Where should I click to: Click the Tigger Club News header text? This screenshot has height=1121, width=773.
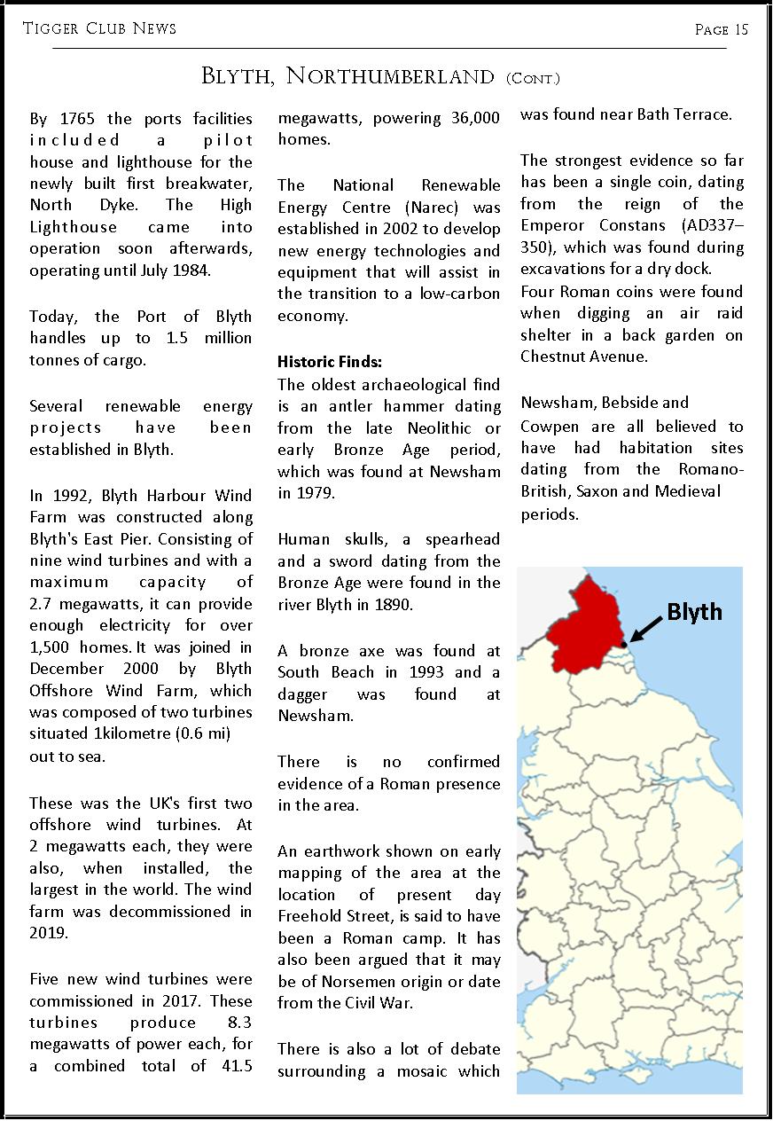pyautogui.click(x=100, y=28)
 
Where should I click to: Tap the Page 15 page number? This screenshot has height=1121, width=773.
pyautogui.click(x=722, y=29)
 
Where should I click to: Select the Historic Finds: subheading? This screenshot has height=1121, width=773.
pyautogui.click(x=330, y=362)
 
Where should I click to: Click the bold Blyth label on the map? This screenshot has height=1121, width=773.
pyautogui.click(x=694, y=612)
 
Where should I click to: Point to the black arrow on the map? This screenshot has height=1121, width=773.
pyautogui.click(x=645, y=631)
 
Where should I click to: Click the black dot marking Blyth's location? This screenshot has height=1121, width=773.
pyautogui.click(x=624, y=645)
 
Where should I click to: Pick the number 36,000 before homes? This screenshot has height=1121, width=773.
pyautogui.click(x=469, y=118)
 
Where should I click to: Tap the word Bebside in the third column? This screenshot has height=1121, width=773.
pyautogui.click(x=624, y=404)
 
